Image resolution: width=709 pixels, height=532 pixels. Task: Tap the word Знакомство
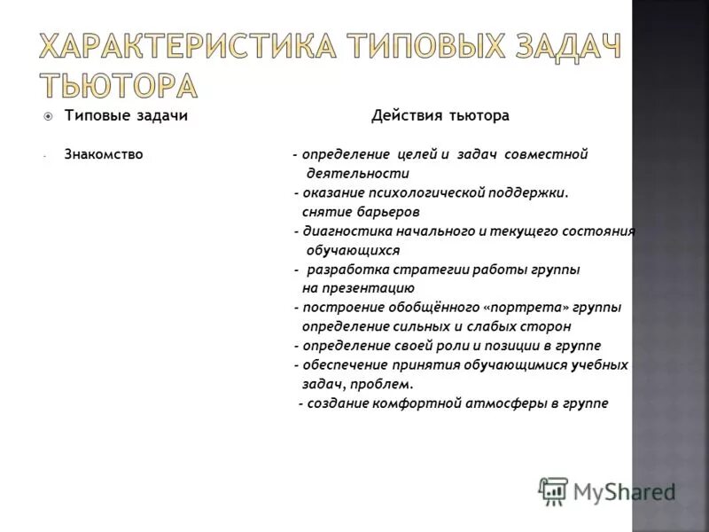pos(104,154)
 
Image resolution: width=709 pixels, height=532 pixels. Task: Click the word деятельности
pos(357,174)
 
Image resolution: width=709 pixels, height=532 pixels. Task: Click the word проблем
pos(387,384)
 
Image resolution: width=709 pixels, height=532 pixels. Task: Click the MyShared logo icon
pos(553,490)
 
